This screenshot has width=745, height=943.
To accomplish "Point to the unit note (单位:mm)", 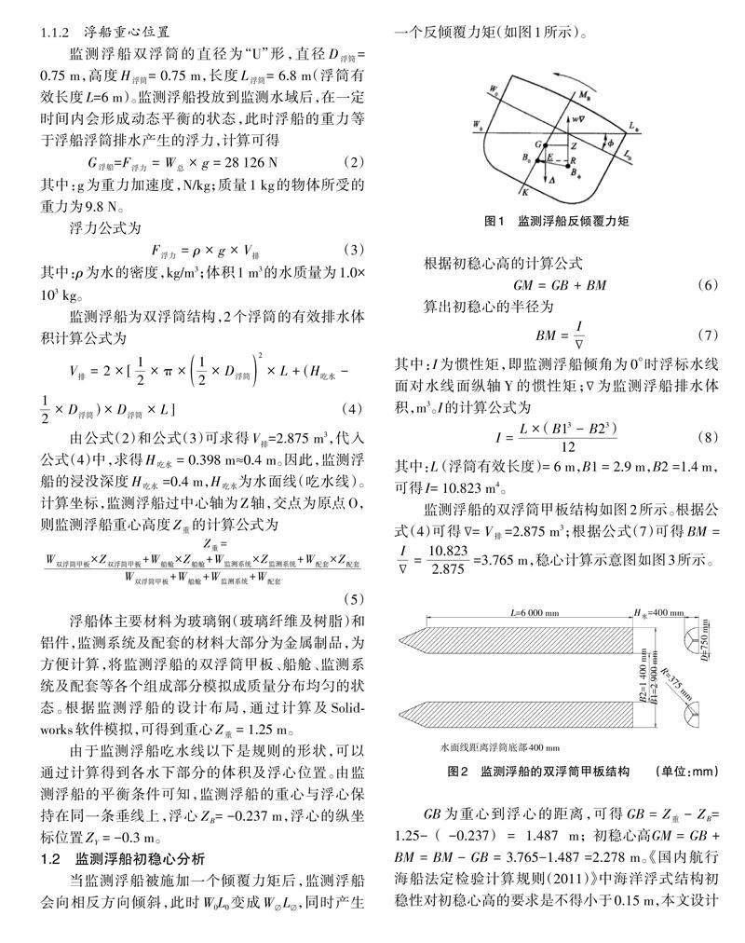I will pos(691,772).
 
